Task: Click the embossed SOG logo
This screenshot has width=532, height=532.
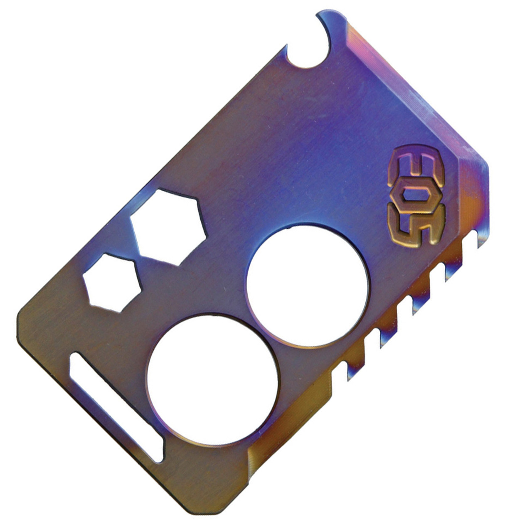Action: point(417,196)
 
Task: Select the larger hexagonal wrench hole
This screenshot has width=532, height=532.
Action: point(168,227)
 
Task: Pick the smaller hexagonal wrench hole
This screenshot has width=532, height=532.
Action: point(112,283)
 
